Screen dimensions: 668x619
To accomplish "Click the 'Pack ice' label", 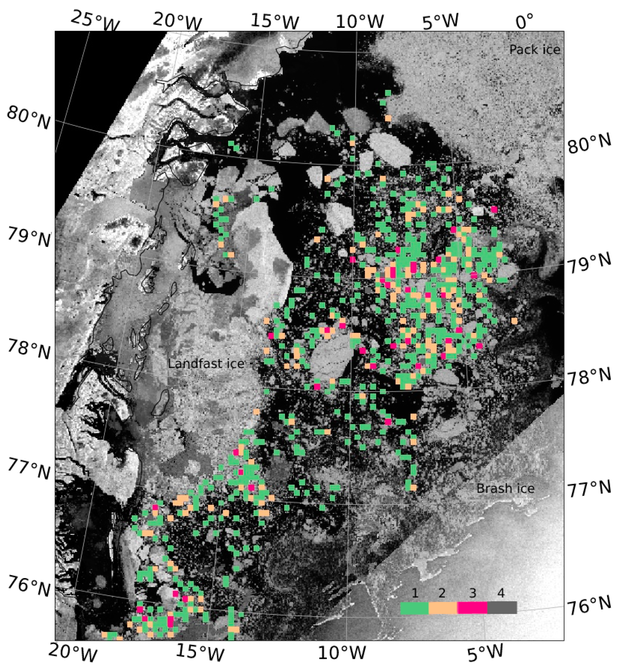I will (x=535, y=50).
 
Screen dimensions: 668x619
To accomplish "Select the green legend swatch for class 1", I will (x=414, y=608).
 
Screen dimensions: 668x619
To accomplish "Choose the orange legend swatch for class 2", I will (x=443, y=608).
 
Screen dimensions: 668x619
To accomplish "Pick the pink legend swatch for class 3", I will (x=472, y=608).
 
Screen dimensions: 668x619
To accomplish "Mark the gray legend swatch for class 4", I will (x=502, y=608).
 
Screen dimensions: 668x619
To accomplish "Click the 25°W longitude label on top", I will (x=95, y=21).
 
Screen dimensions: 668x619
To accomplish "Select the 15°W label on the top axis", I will (x=275, y=21).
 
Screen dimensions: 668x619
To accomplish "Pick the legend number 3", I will (x=472, y=593).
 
